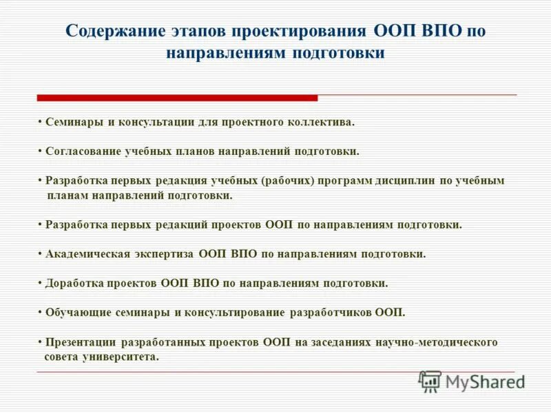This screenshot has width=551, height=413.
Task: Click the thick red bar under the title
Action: (177, 98)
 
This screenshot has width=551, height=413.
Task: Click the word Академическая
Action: (87, 253)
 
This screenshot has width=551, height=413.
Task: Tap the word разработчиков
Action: (331, 312)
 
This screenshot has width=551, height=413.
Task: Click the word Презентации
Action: (81, 341)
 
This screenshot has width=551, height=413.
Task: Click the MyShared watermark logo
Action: (472, 381)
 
